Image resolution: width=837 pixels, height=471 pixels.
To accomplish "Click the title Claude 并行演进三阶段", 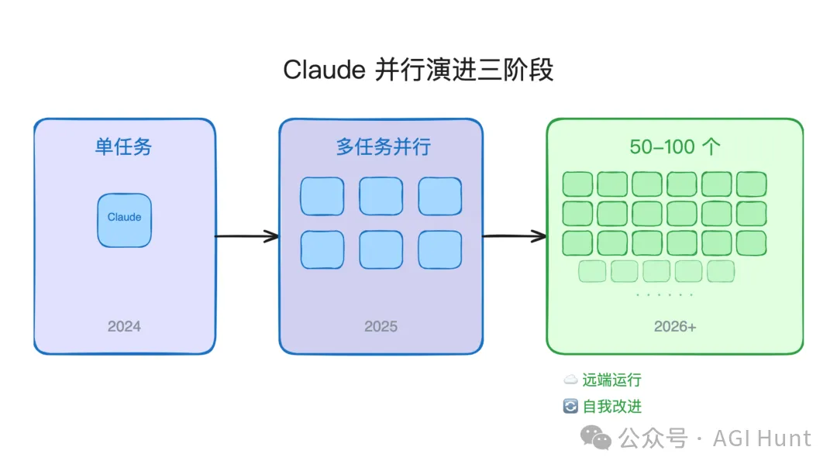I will click(x=418, y=70).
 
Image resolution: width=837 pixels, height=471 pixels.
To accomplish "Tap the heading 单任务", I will click(x=124, y=147).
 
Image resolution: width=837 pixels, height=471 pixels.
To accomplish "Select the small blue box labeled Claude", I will click(x=124, y=220).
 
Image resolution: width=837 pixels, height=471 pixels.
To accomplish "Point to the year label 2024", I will click(x=124, y=326).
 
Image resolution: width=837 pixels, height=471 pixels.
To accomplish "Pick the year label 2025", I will click(x=381, y=326).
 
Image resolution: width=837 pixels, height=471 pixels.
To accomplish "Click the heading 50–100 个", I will click(x=673, y=147).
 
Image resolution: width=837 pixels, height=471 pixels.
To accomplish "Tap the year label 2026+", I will click(x=675, y=326).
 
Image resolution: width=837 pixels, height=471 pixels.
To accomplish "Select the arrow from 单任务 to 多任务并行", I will click(x=246, y=236).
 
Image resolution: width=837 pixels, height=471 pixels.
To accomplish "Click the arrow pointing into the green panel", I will click(x=515, y=236).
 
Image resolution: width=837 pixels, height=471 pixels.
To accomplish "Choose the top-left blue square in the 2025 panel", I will click(x=322, y=196).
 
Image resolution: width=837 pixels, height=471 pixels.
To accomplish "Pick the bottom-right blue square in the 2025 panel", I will click(x=440, y=249).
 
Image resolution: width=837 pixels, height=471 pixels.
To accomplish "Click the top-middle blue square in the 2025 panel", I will click(x=381, y=196).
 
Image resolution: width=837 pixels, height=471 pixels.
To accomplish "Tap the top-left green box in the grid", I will click(x=577, y=184).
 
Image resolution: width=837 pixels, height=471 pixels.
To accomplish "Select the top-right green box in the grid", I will click(x=751, y=184).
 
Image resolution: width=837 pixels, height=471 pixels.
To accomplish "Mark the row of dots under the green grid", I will click(x=664, y=295).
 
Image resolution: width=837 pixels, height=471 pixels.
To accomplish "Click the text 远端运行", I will click(x=611, y=380).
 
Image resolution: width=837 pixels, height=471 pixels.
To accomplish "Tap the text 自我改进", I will click(x=612, y=407).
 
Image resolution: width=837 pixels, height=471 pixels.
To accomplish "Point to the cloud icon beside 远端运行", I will click(x=570, y=380).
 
